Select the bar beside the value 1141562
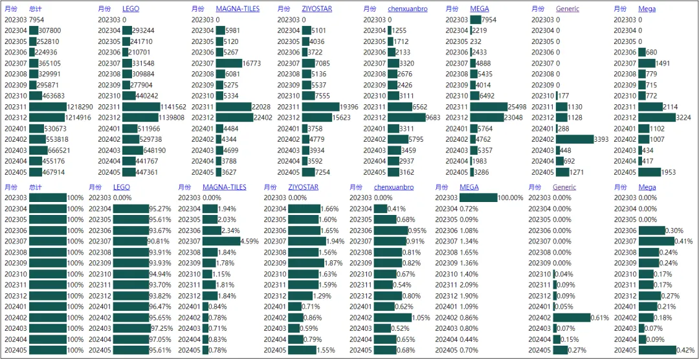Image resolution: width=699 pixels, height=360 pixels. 141,107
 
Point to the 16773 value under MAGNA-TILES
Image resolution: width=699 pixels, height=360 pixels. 253,63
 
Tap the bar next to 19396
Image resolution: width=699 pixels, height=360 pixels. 320,107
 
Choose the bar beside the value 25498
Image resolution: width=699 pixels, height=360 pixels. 489,107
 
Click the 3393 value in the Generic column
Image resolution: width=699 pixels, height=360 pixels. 601,140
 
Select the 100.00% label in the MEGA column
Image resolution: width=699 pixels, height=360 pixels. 511,197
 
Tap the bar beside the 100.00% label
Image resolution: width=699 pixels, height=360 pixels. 478,197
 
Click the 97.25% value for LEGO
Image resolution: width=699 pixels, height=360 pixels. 160,328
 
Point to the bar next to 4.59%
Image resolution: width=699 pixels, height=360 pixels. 221,242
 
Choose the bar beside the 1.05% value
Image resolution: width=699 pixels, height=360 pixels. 393,318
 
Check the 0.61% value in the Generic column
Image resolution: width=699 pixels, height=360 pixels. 600,318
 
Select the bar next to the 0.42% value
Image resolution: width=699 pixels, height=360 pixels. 658,350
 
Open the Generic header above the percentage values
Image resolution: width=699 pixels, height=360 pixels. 564,187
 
